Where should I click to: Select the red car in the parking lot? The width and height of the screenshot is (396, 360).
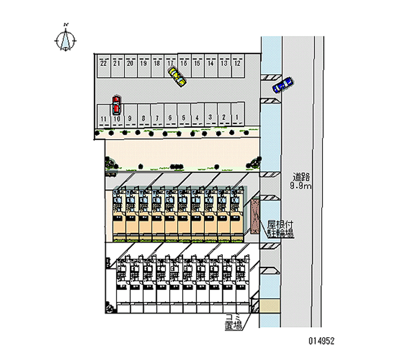coord(116,104)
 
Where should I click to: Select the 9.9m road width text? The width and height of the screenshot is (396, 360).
coord(301,186)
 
